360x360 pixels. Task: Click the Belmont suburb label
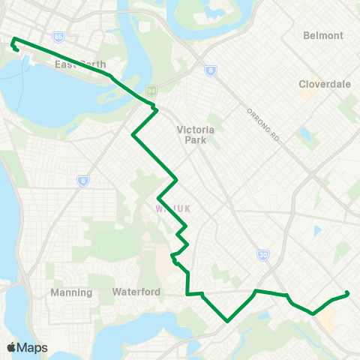(x=323, y=35)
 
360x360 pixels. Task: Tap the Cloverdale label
(x=325, y=84)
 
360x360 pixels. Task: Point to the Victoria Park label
(x=196, y=134)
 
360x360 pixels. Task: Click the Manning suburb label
(x=71, y=292)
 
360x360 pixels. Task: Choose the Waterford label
(x=136, y=292)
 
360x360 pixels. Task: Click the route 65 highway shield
(x=58, y=36)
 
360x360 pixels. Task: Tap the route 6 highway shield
(x=82, y=180)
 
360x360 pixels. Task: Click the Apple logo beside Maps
(x=10, y=347)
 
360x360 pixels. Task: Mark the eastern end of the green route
(x=347, y=293)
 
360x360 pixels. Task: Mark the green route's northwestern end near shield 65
(x=13, y=39)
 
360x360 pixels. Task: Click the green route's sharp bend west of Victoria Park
(x=133, y=136)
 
